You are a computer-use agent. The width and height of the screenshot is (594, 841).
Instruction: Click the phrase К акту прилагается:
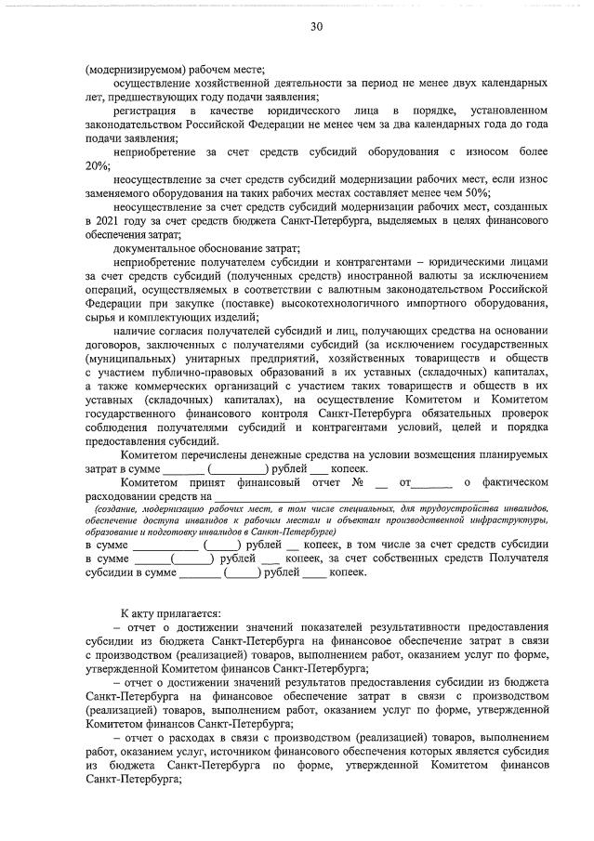coord(170,613)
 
